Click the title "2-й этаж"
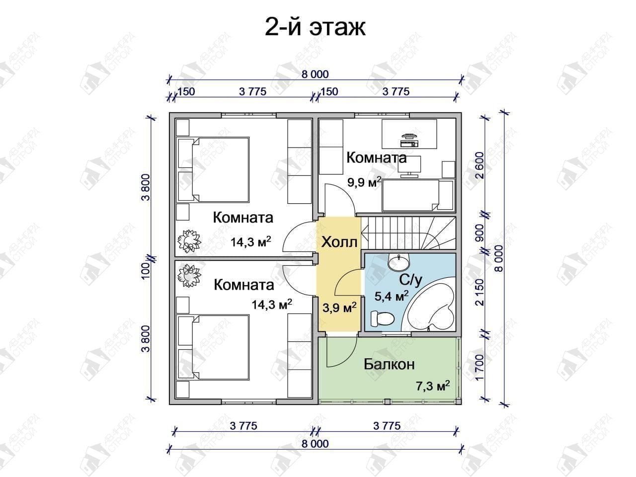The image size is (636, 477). coord(315,28)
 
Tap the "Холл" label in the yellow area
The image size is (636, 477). coord(339,242)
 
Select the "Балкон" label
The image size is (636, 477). coord(389,365)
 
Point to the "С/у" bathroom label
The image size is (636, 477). coord(410,280)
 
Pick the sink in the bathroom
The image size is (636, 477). coord(398,262)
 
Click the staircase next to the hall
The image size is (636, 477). coord(408,233)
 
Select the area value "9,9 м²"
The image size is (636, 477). coord(364,182)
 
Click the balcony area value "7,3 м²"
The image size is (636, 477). coord(433,387)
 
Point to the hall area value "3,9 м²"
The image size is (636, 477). coord(339,308)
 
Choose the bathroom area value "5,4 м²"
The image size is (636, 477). coord(392,296)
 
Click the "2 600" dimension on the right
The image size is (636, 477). coord(480,165)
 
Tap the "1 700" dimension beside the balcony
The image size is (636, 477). coord(480,368)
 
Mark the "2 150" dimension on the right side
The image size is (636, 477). coord(480,293)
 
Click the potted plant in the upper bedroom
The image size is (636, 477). coord(189,241)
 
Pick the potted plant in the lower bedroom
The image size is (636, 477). coord(189,275)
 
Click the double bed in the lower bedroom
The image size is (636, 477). coord(213,347)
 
